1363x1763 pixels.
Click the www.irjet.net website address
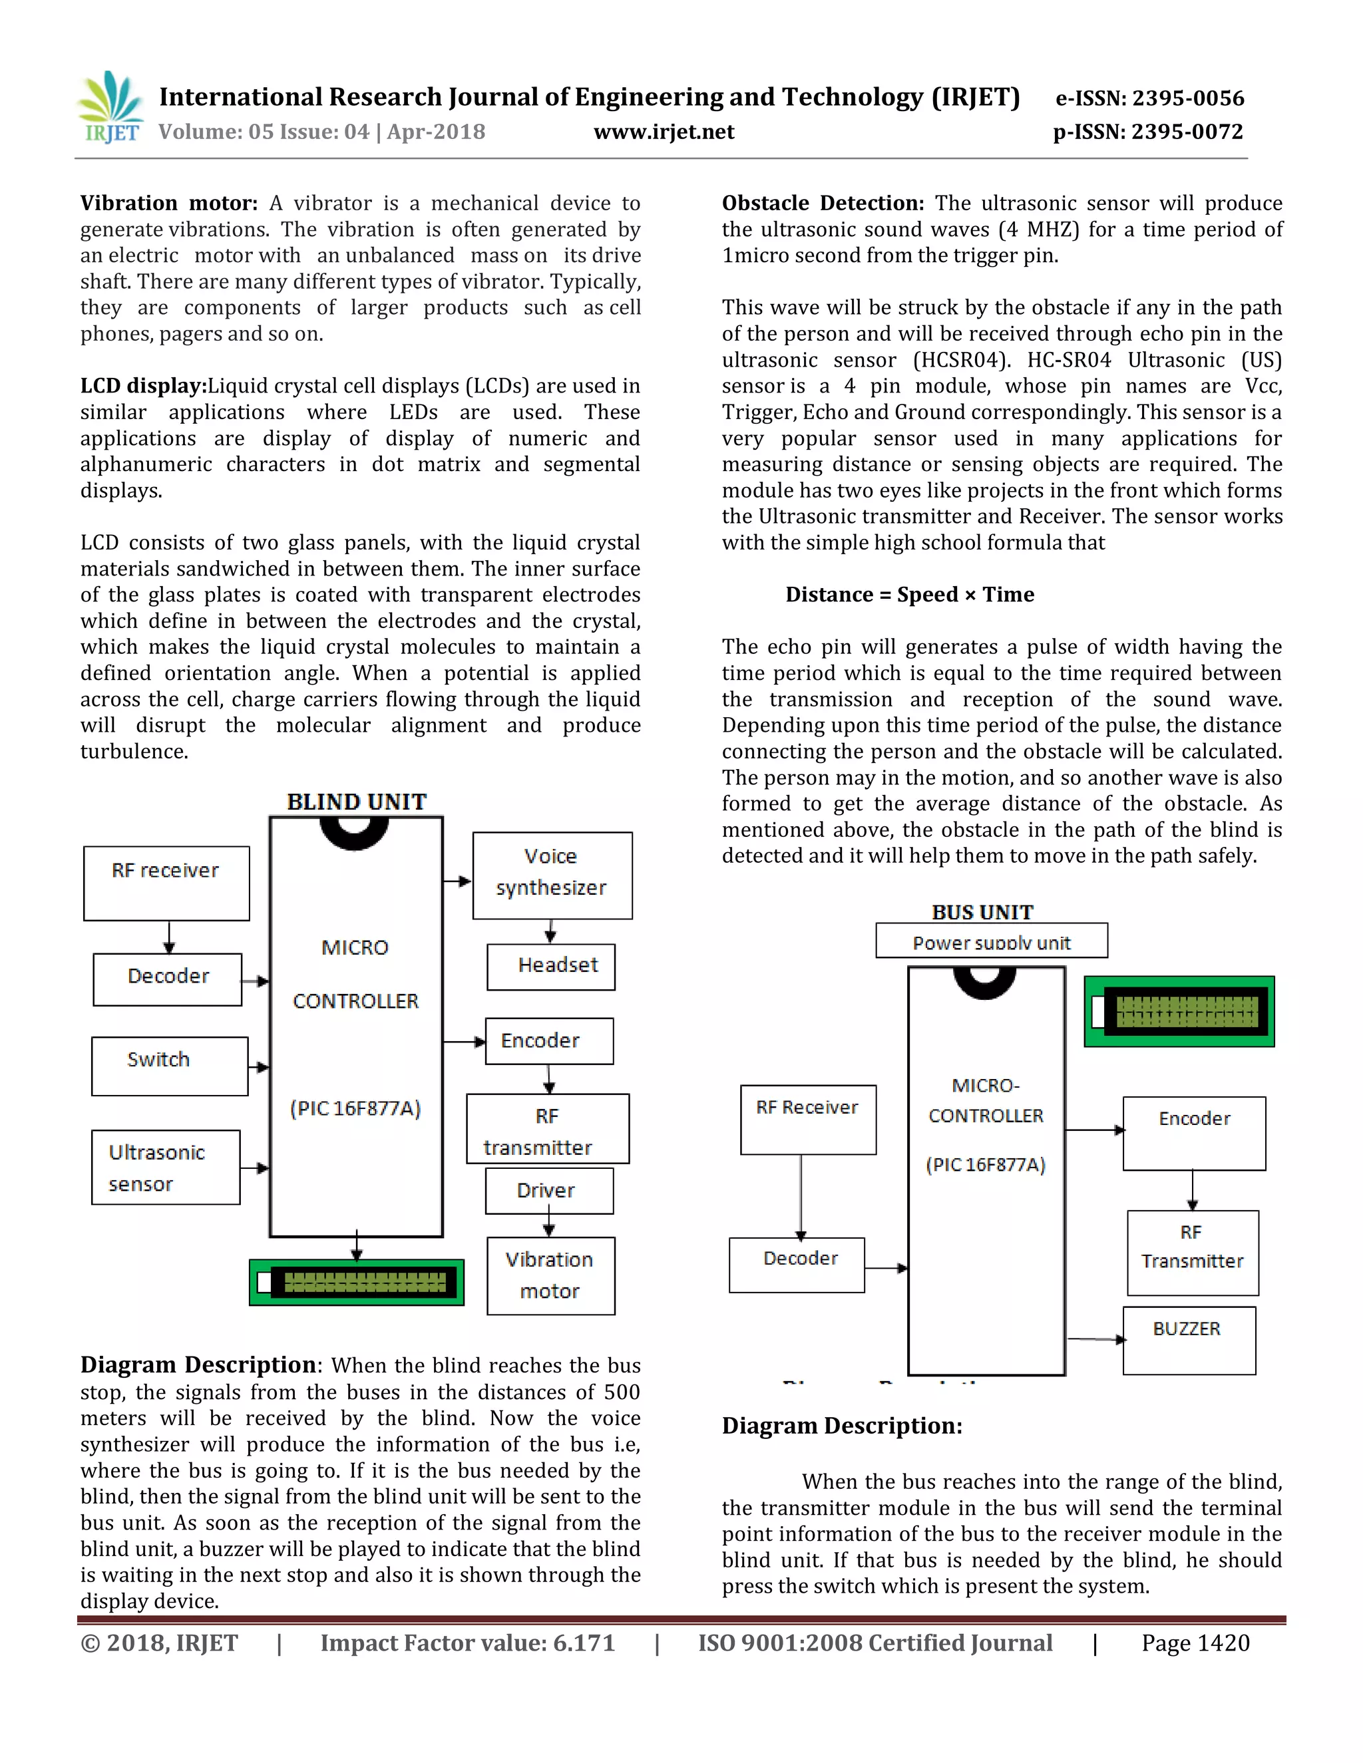pyautogui.click(x=664, y=132)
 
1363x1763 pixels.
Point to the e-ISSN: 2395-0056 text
pyautogui.click(x=1149, y=98)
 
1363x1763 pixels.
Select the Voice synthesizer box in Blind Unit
pyautogui.click(x=552, y=874)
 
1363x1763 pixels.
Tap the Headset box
pyautogui.click(x=550, y=966)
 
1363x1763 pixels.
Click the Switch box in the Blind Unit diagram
pyautogui.click(x=170, y=1066)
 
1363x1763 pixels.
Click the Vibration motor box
pyautogui.click(x=550, y=1275)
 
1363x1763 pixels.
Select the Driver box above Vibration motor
pyautogui.click(x=549, y=1191)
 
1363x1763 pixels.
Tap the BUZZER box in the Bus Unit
pyautogui.click(x=1189, y=1340)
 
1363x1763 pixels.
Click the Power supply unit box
pyautogui.click(x=991, y=941)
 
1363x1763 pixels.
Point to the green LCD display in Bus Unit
pyautogui.click(x=1179, y=1011)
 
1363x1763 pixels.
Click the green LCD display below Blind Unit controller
pyautogui.click(x=357, y=1282)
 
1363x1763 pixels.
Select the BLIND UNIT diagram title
pyautogui.click(x=356, y=802)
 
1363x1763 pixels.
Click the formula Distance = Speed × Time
pyautogui.click(x=909, y=595)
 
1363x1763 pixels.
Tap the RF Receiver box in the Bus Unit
pyautogui.click(x=807, y=1119)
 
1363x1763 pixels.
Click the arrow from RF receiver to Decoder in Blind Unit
pyautogui.click(x=169, y=937)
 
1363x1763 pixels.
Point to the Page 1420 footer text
pyautogui.click(x=1195, y=1643)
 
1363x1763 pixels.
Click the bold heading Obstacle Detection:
pyautogui.click(x=822, y=204)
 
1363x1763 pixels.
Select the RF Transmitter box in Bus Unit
pyautogui.click(x=1193, y=1252)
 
